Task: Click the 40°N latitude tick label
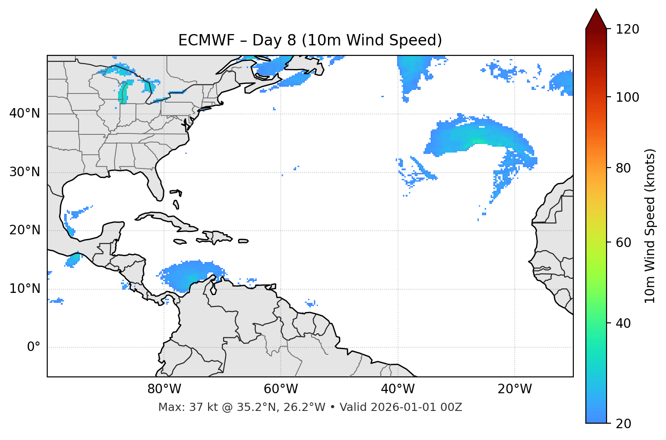tap(25, 114)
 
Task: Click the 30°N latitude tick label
tap(25, 172)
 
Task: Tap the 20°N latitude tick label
tap(25, 230)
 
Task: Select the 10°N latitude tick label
tap(25, 289)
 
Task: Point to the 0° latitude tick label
tap(34, 347)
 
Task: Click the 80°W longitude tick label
tap(164, 389)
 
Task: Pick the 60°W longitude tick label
tap(281, 389)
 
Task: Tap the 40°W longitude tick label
tap(398, 389)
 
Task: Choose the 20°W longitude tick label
tap(514, 389)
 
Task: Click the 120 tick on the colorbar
tap(627, 30)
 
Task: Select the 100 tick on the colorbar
tap(627, 97)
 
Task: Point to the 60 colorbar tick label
tap(624, 242)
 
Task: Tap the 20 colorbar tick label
tap(624, 424)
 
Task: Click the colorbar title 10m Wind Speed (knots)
tap(650, 226)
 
